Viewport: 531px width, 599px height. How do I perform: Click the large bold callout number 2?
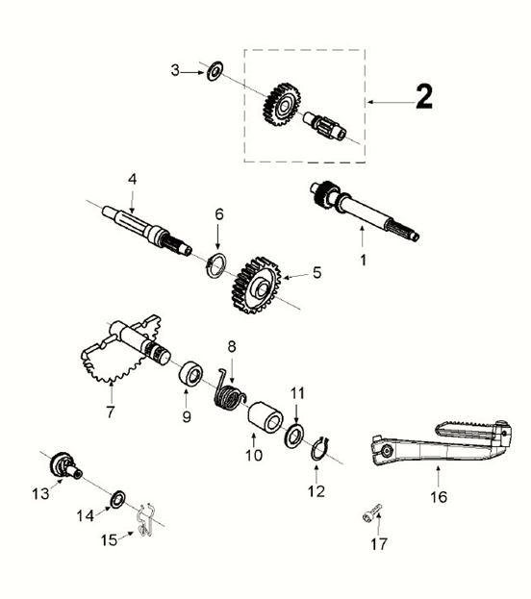pos(424,97)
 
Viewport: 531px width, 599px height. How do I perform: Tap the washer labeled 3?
pos(215,69)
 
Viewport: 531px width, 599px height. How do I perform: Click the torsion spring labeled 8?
pos(231,391)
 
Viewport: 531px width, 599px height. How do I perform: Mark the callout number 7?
pos(110,413)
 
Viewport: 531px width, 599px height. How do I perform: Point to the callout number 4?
pos(133,179)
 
